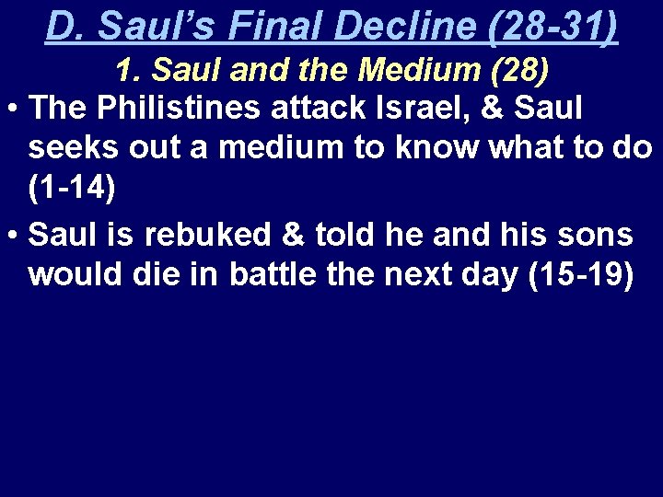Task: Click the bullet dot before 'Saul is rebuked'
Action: tap(14, 237)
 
